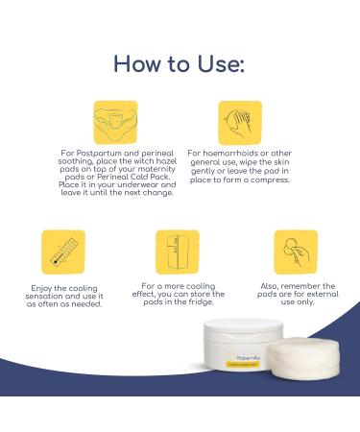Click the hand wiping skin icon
tap(240, 122)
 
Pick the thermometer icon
tap(63, 252)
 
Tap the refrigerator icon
tap(178, 252)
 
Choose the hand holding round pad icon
tap(295, 252)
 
